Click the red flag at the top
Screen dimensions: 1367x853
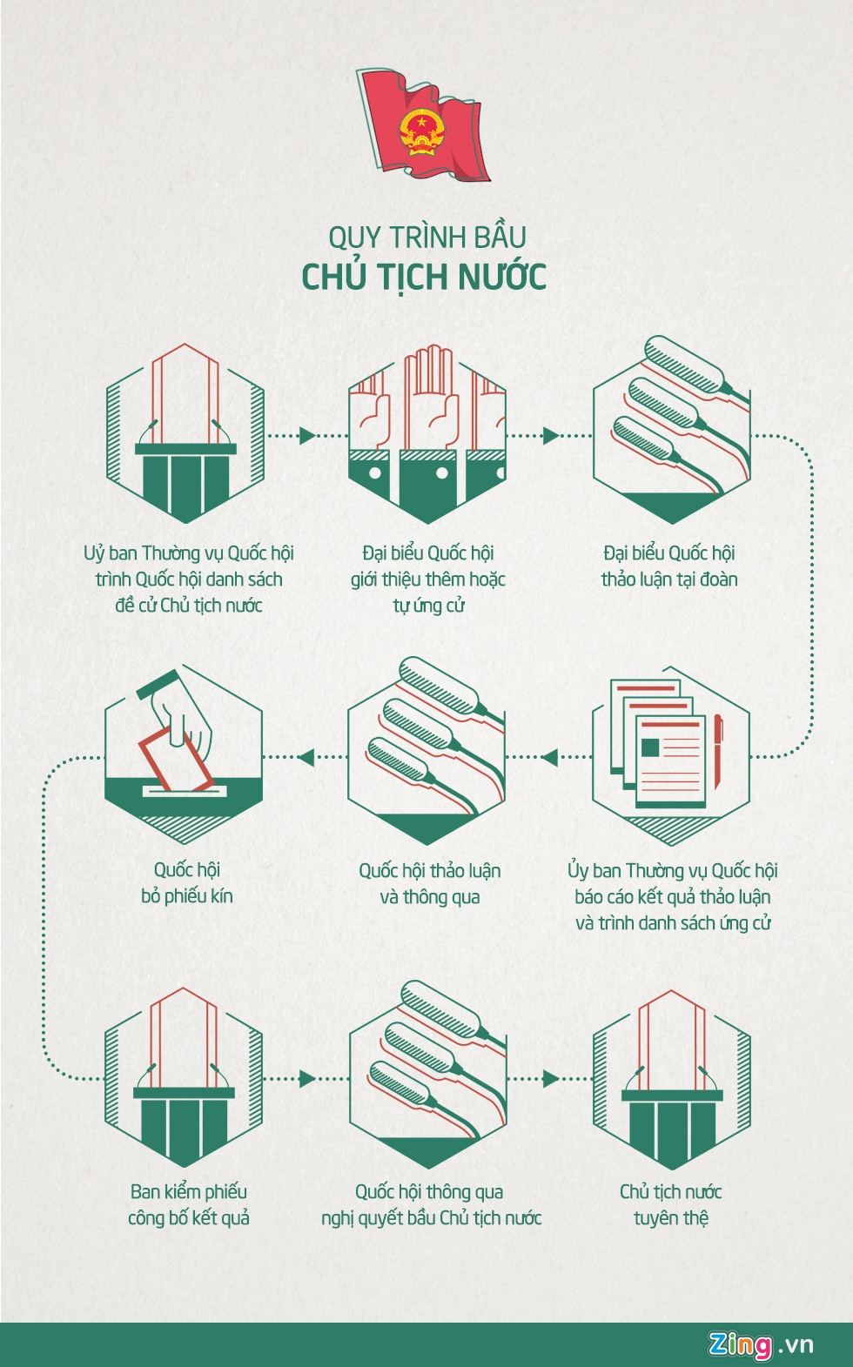point(424,124)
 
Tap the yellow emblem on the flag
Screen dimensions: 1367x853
point(422,132)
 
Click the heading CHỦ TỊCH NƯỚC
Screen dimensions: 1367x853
point(424,277)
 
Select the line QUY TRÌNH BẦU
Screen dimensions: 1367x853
point(426,237)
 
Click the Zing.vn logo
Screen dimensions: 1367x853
point(761,1344)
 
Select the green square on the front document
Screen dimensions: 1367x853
point(650,747)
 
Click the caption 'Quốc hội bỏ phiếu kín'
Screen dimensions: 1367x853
point(187,882)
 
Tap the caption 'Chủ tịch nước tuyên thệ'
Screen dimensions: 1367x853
point(670,1204)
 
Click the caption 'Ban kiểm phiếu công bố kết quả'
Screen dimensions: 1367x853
point(188,1204)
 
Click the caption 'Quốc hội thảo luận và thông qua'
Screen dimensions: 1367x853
point(429,883)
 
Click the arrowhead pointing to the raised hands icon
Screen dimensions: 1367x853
point(307,435)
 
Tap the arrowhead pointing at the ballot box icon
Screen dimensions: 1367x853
point(305,757)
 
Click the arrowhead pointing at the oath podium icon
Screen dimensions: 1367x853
point(550,1079)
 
